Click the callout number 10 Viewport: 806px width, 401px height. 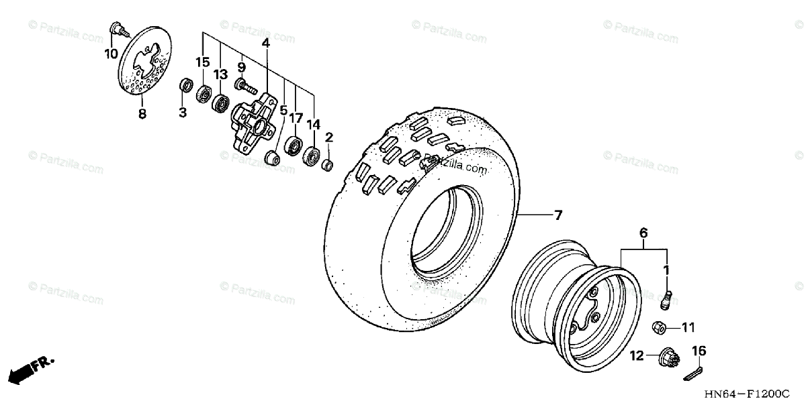click(x=111, y=53)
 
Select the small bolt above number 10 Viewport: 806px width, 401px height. click(x=115, y=29)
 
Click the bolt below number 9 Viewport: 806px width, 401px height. click(x=246, y=86)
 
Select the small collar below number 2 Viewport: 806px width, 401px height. click(x=327, y=164)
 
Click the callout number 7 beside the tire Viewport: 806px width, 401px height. click(x=557, y=215)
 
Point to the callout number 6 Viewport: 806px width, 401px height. click(x=643, y=233)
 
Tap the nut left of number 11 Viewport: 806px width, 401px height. click(x=660, y=328)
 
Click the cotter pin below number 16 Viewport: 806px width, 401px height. click(x=694, y=371)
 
